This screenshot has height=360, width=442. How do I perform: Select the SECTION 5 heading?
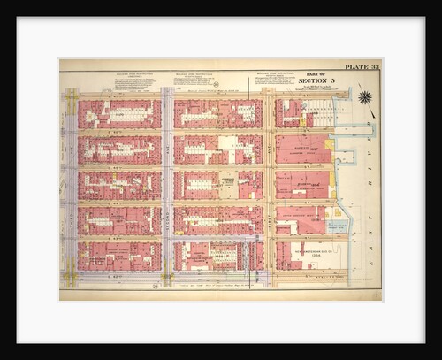click(x=315, y=81)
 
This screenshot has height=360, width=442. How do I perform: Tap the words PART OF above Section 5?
click(x=315, y=74)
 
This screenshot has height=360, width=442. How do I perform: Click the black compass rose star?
click(x=364, y=97)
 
